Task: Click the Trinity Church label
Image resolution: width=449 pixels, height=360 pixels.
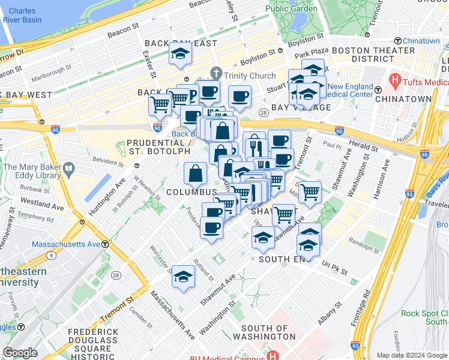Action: pyautogui.click(x=250, y=76)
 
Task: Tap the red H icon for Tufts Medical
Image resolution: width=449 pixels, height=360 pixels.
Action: pyautogui.click(x=394, y=80)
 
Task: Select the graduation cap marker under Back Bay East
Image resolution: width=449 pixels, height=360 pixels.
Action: pyautogui.click(x=178, y=55)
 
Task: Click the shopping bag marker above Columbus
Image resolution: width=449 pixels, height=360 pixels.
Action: pyautogui.click(x=196, y=175)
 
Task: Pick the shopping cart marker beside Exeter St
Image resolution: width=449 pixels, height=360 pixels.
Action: pyautogui.click(x=160, y=104)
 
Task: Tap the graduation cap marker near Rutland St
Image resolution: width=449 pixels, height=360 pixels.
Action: pyautogui.click(x=184, y=277)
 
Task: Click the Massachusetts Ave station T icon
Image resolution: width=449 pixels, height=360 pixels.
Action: pyautogui.click(x=105, y=244)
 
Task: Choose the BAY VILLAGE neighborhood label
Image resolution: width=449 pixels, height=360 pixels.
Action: pyautogui.click(x=301, y=107)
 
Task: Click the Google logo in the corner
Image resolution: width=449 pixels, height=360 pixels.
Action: pyautogui.click(x=20, y=353)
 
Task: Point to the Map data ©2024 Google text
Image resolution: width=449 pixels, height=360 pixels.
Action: pyautogui.click(x=411, y=355)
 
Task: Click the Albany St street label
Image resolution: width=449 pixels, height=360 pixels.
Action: pyautogui.click(x=330, y=313)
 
